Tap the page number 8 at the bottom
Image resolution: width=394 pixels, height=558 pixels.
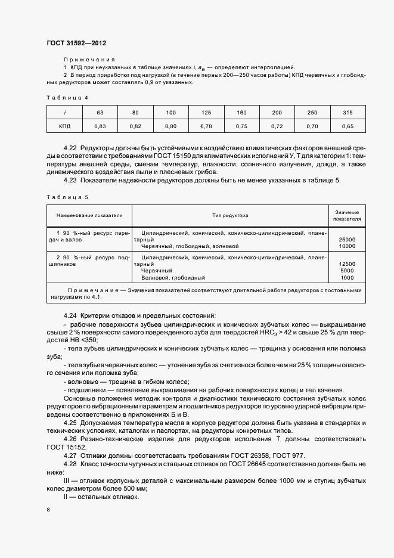48,510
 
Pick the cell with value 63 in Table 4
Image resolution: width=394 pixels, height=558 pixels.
100,112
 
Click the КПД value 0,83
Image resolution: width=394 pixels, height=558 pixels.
100,126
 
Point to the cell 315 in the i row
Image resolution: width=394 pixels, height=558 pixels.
348,112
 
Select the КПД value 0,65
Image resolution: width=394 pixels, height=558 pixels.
348,126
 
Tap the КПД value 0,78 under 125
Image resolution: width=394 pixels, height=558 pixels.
206,126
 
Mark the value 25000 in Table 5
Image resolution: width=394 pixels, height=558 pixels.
347,239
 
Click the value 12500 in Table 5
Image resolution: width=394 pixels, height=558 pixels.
347,263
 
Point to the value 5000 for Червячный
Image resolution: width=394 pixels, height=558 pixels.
347,270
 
